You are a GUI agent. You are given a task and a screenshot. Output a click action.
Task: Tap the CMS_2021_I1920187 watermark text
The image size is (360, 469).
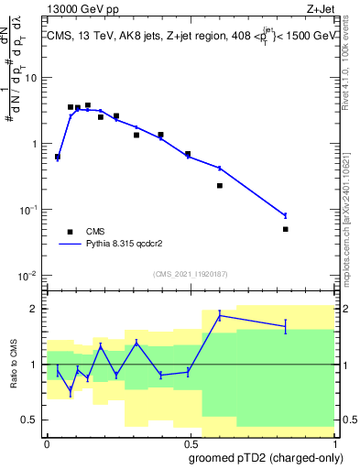tap(190, 274)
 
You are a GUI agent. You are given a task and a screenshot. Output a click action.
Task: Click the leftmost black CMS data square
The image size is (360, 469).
tap(58, 157)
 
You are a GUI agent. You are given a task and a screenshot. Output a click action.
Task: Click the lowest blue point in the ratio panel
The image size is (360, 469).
tap(71, 391)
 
